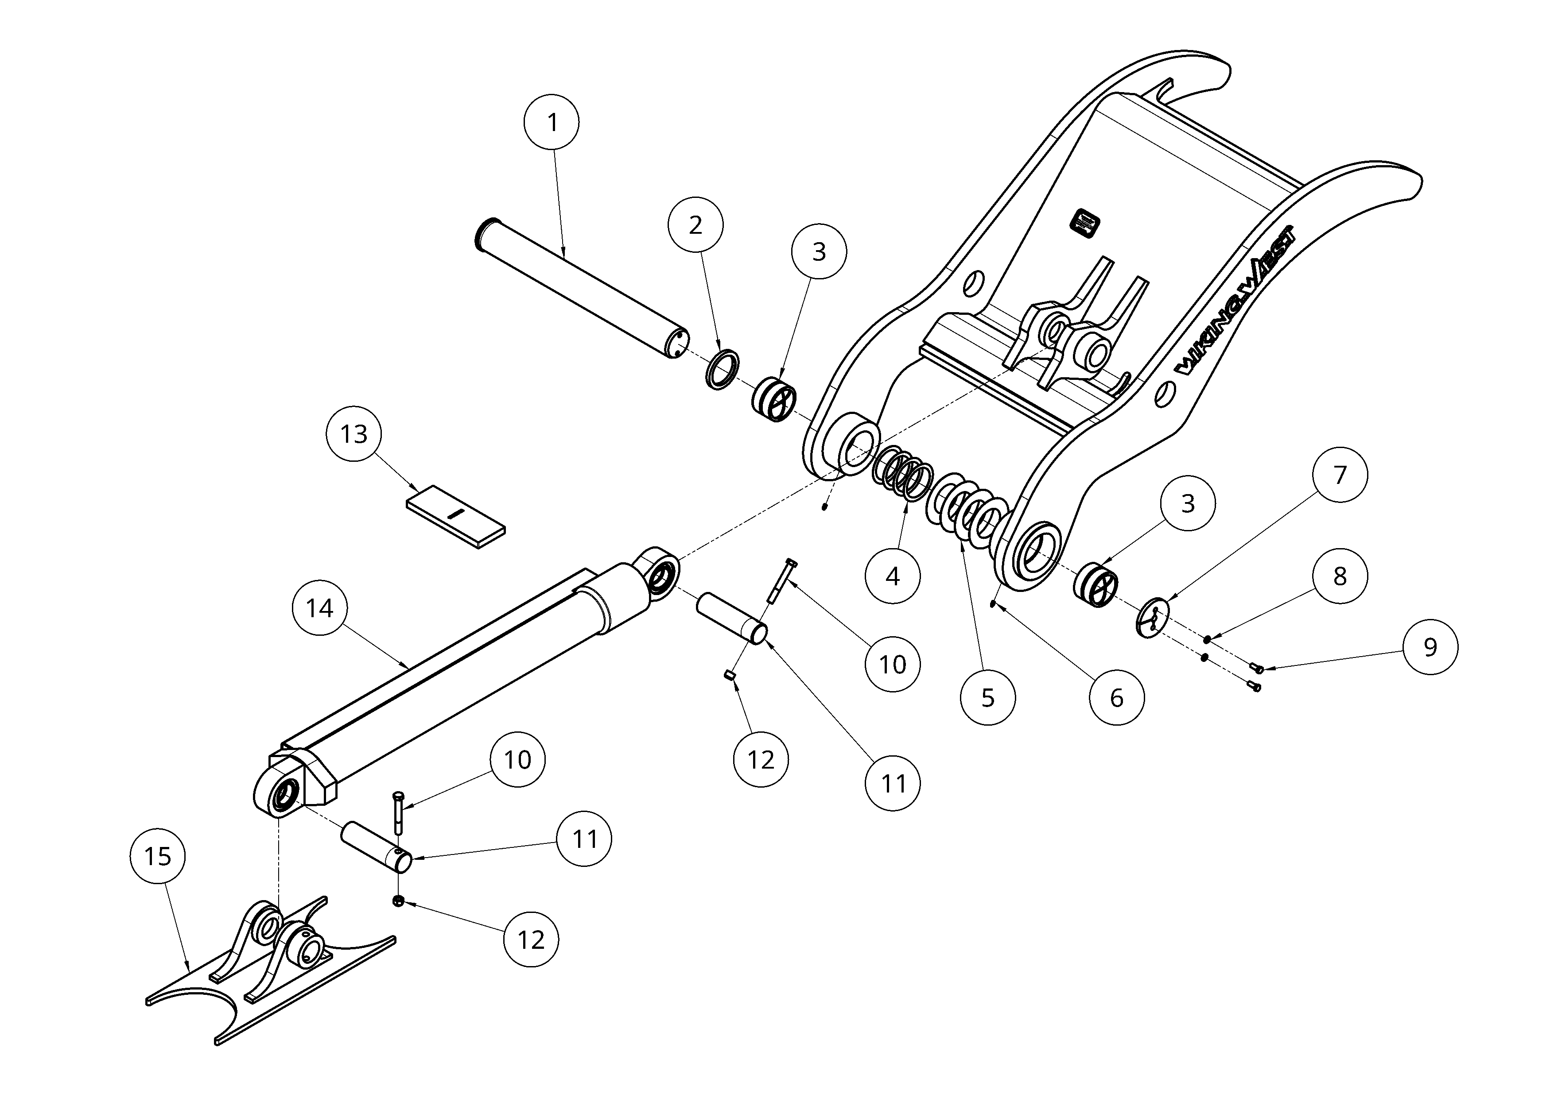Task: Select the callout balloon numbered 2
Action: point(695,225)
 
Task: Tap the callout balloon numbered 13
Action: point(354,433)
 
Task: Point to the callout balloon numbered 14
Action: point(319,608)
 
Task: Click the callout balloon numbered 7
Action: point(1340,475)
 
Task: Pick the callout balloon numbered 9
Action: point(1430,647)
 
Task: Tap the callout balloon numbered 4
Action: point(893,576)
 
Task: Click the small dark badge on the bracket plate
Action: point(1085,223)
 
